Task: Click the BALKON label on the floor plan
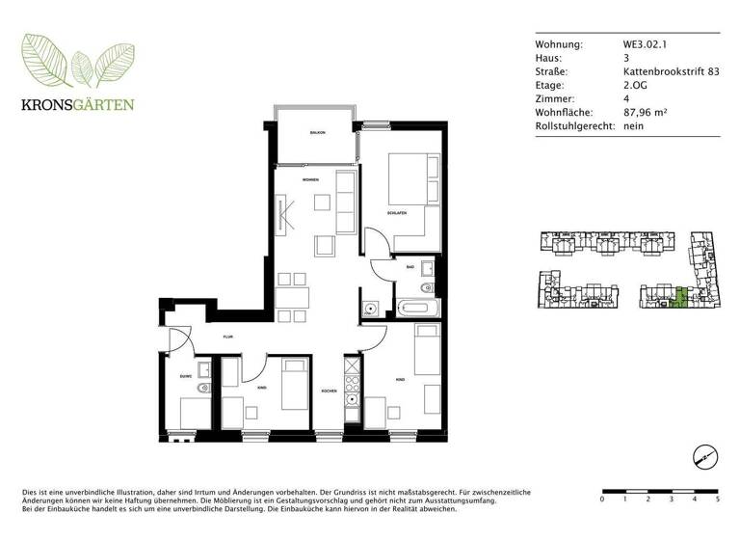click(317, 132)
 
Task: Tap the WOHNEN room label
click(310, 180)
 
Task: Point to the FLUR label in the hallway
click(228, 337)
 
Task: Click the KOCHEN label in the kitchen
click(330, 391)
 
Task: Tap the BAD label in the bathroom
click(410, 266)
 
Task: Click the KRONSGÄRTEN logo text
click(79, 104)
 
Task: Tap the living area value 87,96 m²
click(645, 112)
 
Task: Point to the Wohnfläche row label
click(564, 112)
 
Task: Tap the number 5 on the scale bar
click(718, 499)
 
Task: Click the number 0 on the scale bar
click(602, 499)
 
